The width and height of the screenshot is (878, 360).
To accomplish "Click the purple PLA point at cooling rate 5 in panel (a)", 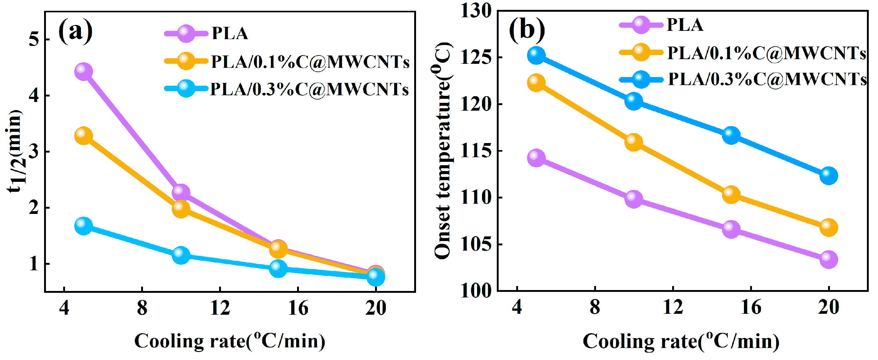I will click(83, 72).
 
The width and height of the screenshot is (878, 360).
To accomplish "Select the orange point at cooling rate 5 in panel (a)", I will click(83, 136).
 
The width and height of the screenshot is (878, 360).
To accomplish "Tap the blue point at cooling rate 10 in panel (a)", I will click(181, 255).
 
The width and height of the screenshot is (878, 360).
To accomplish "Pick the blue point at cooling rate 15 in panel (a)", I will click(278, 268).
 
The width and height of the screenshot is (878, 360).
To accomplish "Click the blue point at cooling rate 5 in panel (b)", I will click(536, 55).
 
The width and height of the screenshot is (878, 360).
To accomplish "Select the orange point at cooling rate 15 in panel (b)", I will click(731, 194).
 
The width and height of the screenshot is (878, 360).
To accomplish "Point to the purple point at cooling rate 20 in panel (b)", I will click(829, 260).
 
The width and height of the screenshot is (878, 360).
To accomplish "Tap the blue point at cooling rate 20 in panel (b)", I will click(829, 176).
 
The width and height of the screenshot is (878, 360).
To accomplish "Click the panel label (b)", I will click(527, 29).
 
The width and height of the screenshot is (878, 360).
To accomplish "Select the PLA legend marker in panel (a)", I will click(186, 33).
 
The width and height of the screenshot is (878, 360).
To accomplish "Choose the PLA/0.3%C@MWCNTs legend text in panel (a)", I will click(309, 90).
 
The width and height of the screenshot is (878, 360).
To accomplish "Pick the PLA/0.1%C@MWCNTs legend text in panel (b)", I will click(766, 53).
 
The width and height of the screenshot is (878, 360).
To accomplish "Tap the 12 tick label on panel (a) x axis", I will click(220, 308).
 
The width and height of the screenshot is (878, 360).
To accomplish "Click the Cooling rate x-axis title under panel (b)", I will click(681, 341).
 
